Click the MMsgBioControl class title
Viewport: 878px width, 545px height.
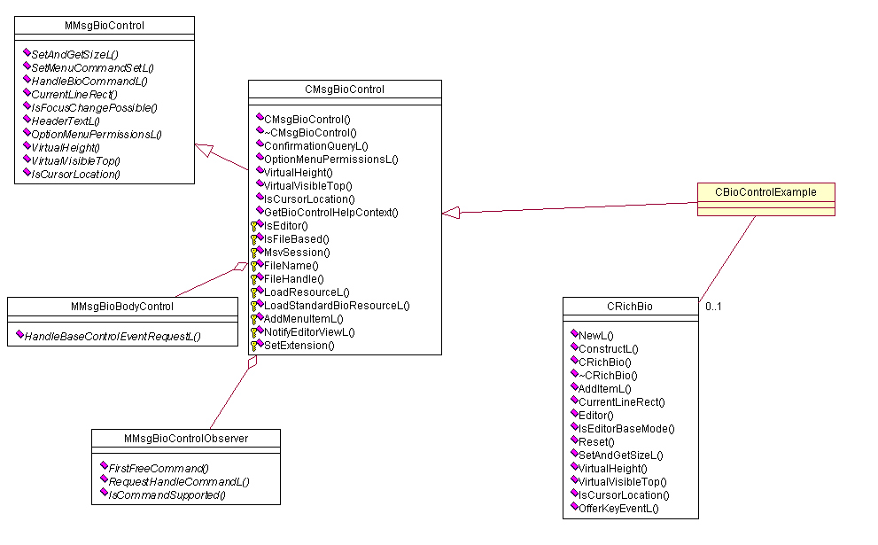click(x=105, y=26)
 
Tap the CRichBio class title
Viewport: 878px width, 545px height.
click(x=629, y=307)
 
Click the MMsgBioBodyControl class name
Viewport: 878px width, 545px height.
click(x=122, y=307)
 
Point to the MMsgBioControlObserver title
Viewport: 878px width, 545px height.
click(x=185, y=438)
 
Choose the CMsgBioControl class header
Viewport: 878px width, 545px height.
click(x=344, y=90)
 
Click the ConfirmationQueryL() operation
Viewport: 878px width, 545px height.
click(x=315, y=145)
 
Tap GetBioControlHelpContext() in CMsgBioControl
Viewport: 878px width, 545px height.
click(x=330, y=212)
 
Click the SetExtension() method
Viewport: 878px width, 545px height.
click(x=299, y=345)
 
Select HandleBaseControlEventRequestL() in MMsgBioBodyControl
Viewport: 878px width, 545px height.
click(x=112, y=336)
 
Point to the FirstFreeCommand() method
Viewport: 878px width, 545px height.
click(x=158, y=468)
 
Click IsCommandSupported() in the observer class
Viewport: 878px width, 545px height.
click(x=166, y=494)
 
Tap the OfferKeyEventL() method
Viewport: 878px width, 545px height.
click(x=618, y=508)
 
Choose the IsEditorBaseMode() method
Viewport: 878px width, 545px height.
click(x=626, y=428)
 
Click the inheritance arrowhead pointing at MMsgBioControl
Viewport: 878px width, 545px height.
click(x=204, y=149)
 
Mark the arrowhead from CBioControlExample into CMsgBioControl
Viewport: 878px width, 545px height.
click(x=451, y=212)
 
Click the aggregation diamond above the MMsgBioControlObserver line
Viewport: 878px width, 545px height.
click(x=253, y=362)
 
